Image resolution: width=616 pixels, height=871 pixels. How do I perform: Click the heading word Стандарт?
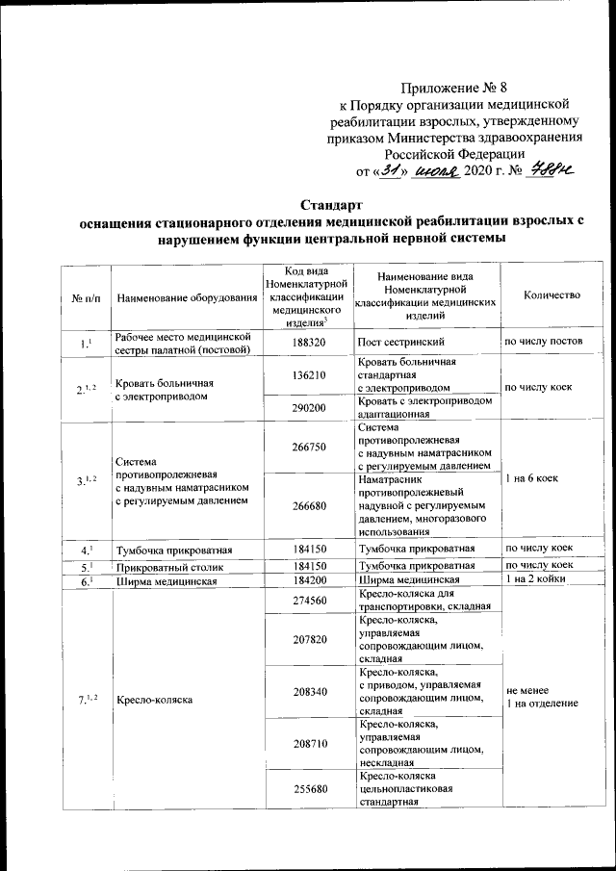coord(332,205)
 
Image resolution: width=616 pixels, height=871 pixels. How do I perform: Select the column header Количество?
coord(552,295)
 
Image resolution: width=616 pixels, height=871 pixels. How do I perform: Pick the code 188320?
coord(308,342)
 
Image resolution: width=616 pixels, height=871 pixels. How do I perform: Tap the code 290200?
coord(308,408)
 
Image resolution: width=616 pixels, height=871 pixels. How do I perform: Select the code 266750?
coord(308,446)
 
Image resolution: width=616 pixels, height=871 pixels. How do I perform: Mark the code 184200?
coord(308,581)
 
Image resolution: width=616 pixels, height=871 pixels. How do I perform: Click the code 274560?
coord(308,602)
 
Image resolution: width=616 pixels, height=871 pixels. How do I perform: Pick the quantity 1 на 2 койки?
coord(540,580)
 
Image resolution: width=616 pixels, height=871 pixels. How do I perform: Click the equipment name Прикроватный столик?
coord(164,566)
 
